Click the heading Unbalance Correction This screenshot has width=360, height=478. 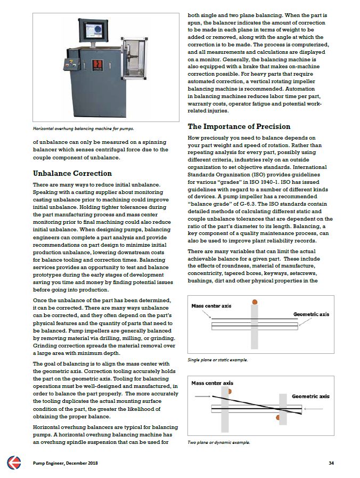click(x=72, y=173)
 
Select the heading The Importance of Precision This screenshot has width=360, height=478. click(x=239, y=126)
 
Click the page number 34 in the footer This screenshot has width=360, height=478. click(x=331, y=463)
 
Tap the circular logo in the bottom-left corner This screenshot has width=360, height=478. click(x=14, y=463)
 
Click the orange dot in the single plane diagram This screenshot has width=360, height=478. click(x=255, y=302)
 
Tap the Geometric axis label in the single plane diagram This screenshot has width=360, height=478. click(x=311, y=314)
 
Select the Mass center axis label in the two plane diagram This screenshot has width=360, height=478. click(x=212, y=383)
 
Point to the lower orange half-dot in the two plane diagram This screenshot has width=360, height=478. click(x=278, y=417)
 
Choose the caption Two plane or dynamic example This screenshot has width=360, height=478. click(x=219, y=442)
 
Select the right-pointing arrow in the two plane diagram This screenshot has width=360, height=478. click(x=201, y=396)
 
